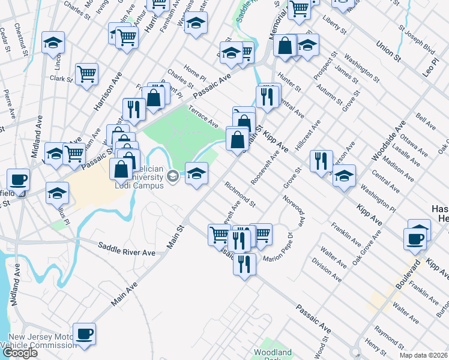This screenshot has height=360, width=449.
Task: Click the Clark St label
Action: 61,79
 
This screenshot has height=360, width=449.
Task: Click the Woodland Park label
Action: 273,354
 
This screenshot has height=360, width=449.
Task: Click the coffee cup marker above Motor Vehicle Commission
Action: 84,334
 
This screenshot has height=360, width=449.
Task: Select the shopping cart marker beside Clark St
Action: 87,74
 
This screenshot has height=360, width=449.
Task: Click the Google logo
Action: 19,353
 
